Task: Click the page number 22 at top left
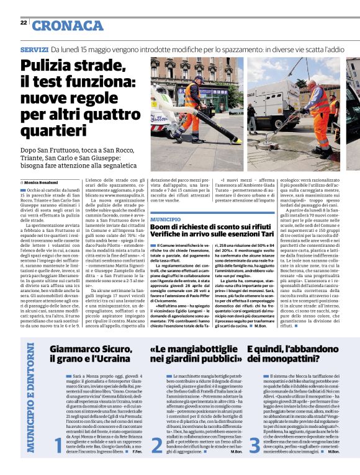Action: pos(23,22)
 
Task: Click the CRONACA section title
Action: pos(68,25)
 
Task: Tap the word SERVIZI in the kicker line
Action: pos(34,48)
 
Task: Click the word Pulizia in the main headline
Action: pos(48,67)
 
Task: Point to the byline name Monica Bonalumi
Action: pos(43,184)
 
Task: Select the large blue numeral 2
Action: pos(156,445)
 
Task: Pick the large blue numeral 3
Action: pos(254,445)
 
